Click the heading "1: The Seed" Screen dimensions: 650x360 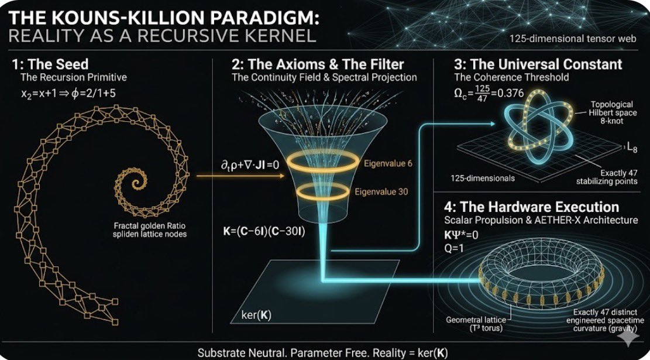click(x=50, y=65)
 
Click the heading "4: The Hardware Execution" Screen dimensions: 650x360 click(x=531, y=207)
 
